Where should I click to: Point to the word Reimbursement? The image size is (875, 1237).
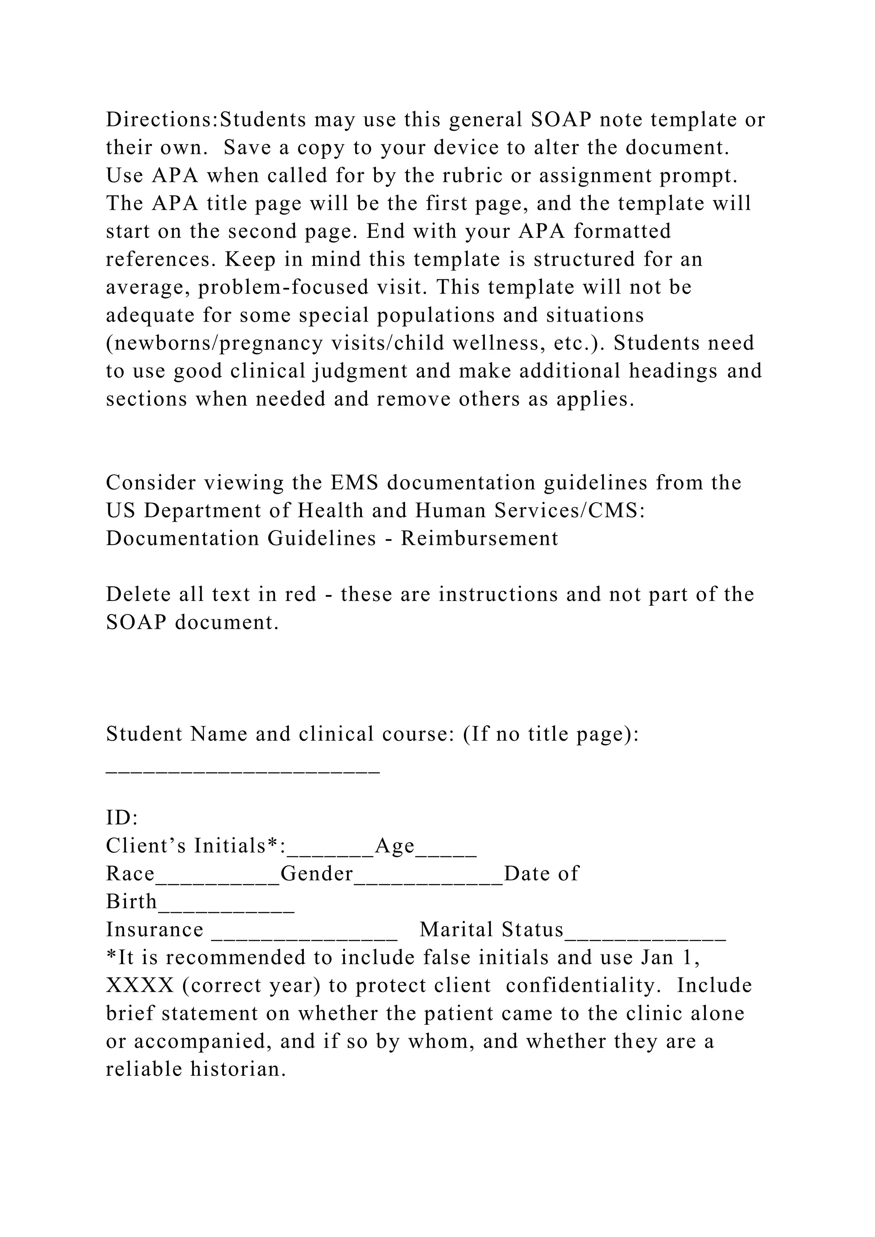click(x=479, y=539)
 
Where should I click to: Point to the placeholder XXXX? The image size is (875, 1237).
click(x=140, y=985)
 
